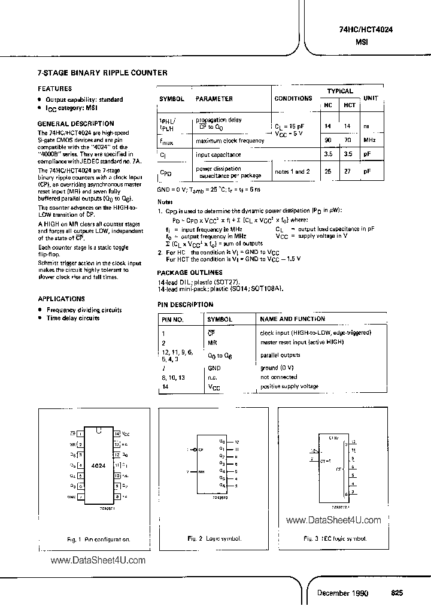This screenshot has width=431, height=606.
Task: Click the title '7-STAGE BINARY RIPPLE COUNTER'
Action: (x=102, y=73)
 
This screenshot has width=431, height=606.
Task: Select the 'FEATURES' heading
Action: (x=54, y=88)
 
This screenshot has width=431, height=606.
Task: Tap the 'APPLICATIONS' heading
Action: (x=61, y=298)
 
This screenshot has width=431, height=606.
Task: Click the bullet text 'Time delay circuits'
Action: (x=73, y=318)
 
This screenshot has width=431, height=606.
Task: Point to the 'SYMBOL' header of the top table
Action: (x=172, y=99)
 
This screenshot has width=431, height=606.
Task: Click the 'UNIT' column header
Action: (x=372, y=99)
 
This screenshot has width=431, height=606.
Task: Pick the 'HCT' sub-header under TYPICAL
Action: (x=350, y=105)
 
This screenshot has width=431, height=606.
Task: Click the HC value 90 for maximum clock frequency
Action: (x=327, y=141)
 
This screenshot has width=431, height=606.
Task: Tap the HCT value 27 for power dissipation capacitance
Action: (x=350, y=172)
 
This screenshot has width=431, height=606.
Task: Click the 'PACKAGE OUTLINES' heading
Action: (x=190, y=272)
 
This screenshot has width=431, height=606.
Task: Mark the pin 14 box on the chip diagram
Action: (x=117, y=433)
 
